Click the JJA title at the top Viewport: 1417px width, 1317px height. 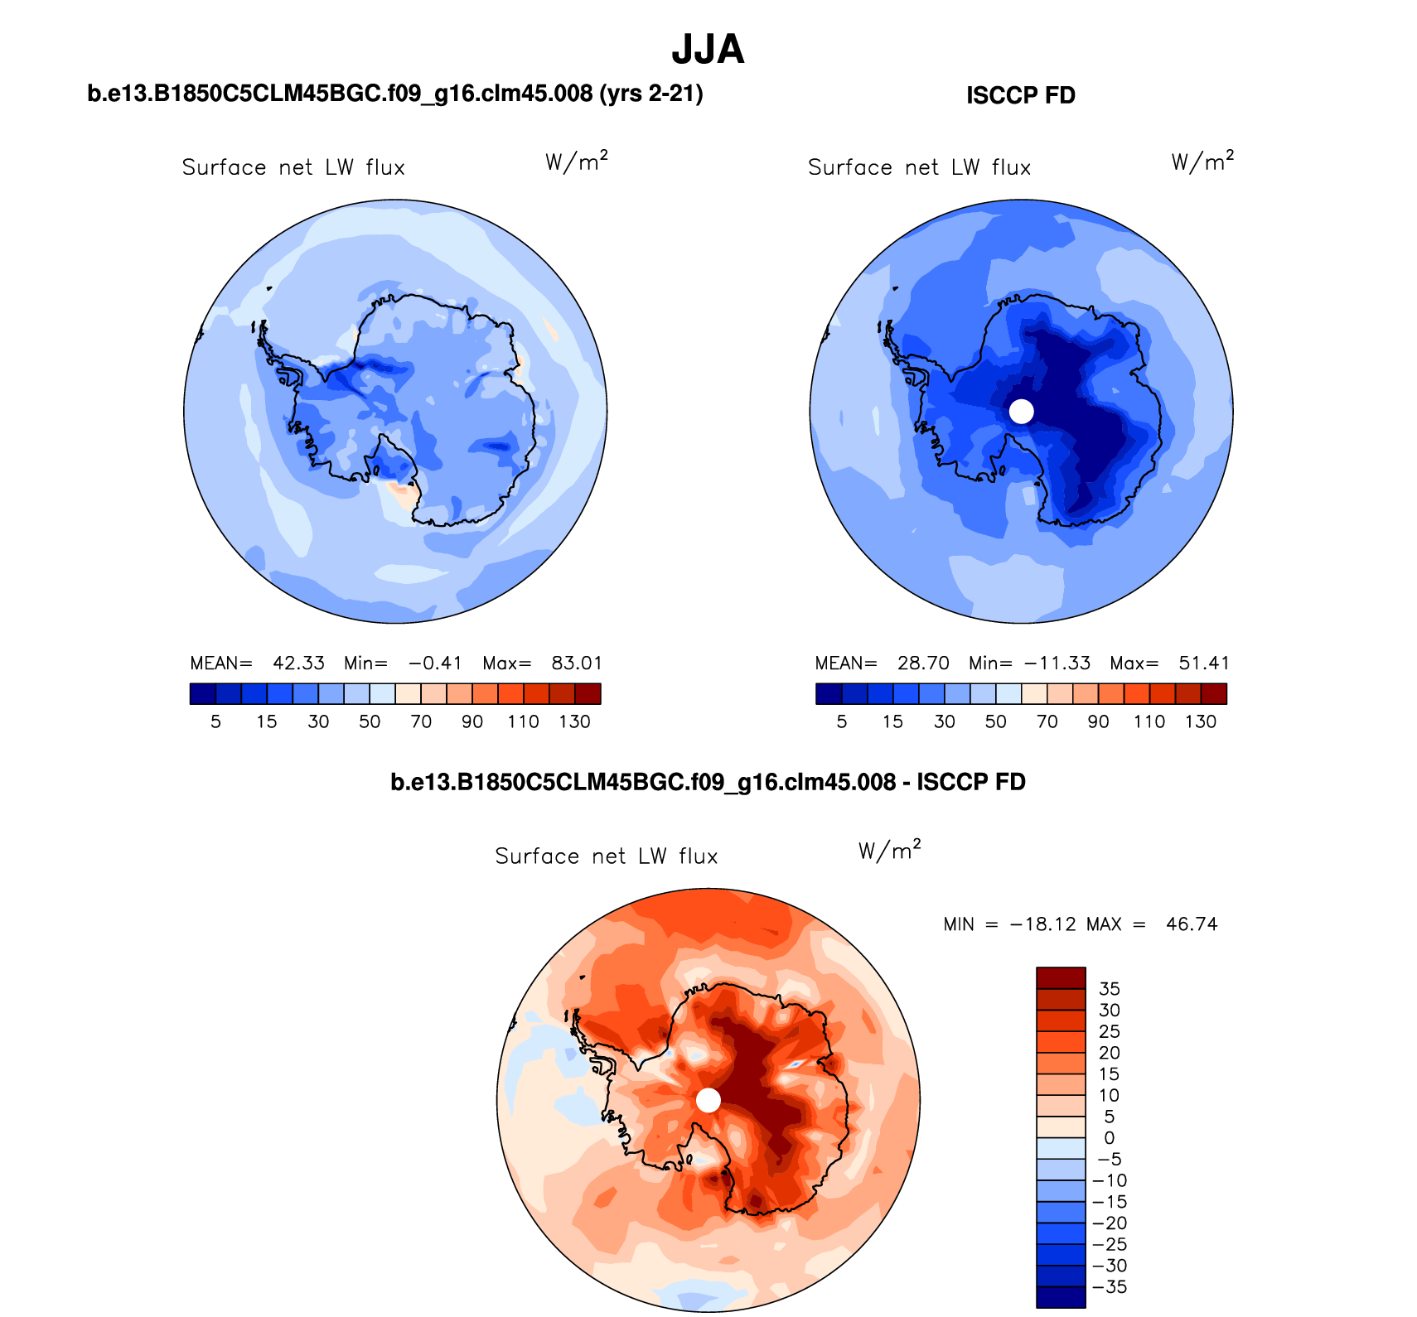(708, 50)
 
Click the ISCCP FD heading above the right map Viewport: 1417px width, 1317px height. (1020, 96)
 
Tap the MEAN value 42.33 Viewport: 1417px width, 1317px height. (298, 663)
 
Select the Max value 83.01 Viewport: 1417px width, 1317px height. (577, 663)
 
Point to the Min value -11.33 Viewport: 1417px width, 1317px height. (1057, 663)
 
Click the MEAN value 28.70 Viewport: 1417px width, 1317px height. (923, 663)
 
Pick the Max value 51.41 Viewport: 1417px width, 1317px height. (1204, 663)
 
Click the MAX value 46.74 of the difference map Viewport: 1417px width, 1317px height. (1192, 924)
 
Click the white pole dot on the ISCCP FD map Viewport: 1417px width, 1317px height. (1022, 411)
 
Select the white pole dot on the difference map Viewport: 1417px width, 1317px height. (708, 1100)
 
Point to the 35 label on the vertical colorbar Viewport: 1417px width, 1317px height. (1109, 989)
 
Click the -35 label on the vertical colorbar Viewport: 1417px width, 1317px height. (1110, 1287)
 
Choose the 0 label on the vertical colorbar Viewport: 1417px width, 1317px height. (1110, 1138)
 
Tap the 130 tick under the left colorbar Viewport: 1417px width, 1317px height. (574, 722)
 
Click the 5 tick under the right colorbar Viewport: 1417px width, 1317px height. (842, 722)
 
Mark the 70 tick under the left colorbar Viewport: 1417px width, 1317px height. (421, 722)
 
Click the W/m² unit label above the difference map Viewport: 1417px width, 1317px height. (890, 851)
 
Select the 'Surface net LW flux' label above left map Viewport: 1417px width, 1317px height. (293, 168)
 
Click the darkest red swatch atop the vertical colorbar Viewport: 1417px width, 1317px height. (1061, 978)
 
